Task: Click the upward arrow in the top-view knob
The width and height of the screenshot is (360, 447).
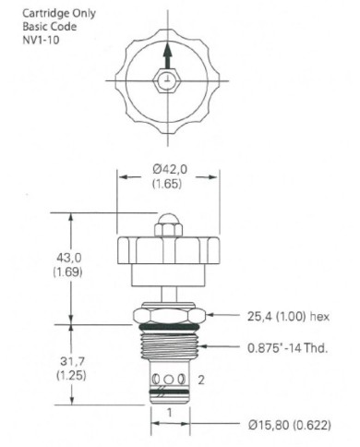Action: click(x=166, y=58)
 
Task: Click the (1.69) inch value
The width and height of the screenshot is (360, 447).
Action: click(x=42, y=272)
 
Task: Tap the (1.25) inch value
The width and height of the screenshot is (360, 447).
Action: click(x=42, y=376)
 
